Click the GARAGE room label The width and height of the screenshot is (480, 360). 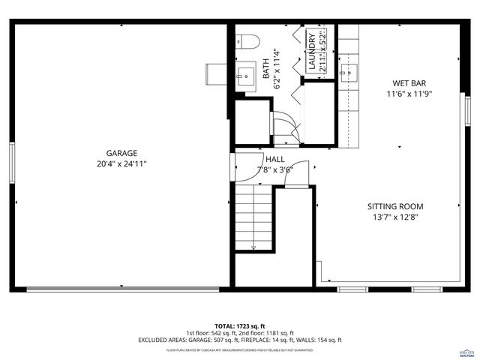(x=121, y=151)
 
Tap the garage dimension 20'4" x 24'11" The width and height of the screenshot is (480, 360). (x=121, y=163)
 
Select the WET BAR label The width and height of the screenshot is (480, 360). (x=409, y=83)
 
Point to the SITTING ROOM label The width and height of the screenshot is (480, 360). (x=395, y=206)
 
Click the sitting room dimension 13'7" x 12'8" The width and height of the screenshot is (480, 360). (x=395, y=218)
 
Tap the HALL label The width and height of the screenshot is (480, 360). (x=274, y=159)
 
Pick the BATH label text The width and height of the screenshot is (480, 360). (x=265, y=69)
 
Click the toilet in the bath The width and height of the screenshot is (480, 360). (x=247, y=41)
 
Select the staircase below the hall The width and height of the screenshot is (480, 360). (x=253, y=217)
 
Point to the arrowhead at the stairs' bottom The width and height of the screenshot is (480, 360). (x=253, y=247)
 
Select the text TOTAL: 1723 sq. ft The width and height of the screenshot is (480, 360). (x=239, y=326)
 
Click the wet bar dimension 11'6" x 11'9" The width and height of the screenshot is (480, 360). (x=409, y=94)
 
